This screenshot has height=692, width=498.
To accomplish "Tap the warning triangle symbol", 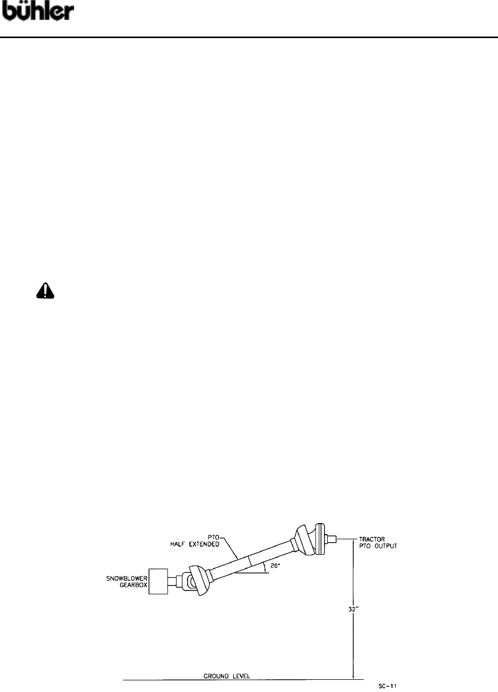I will coord(45,290).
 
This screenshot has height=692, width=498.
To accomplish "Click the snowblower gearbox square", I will coord(159,581).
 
